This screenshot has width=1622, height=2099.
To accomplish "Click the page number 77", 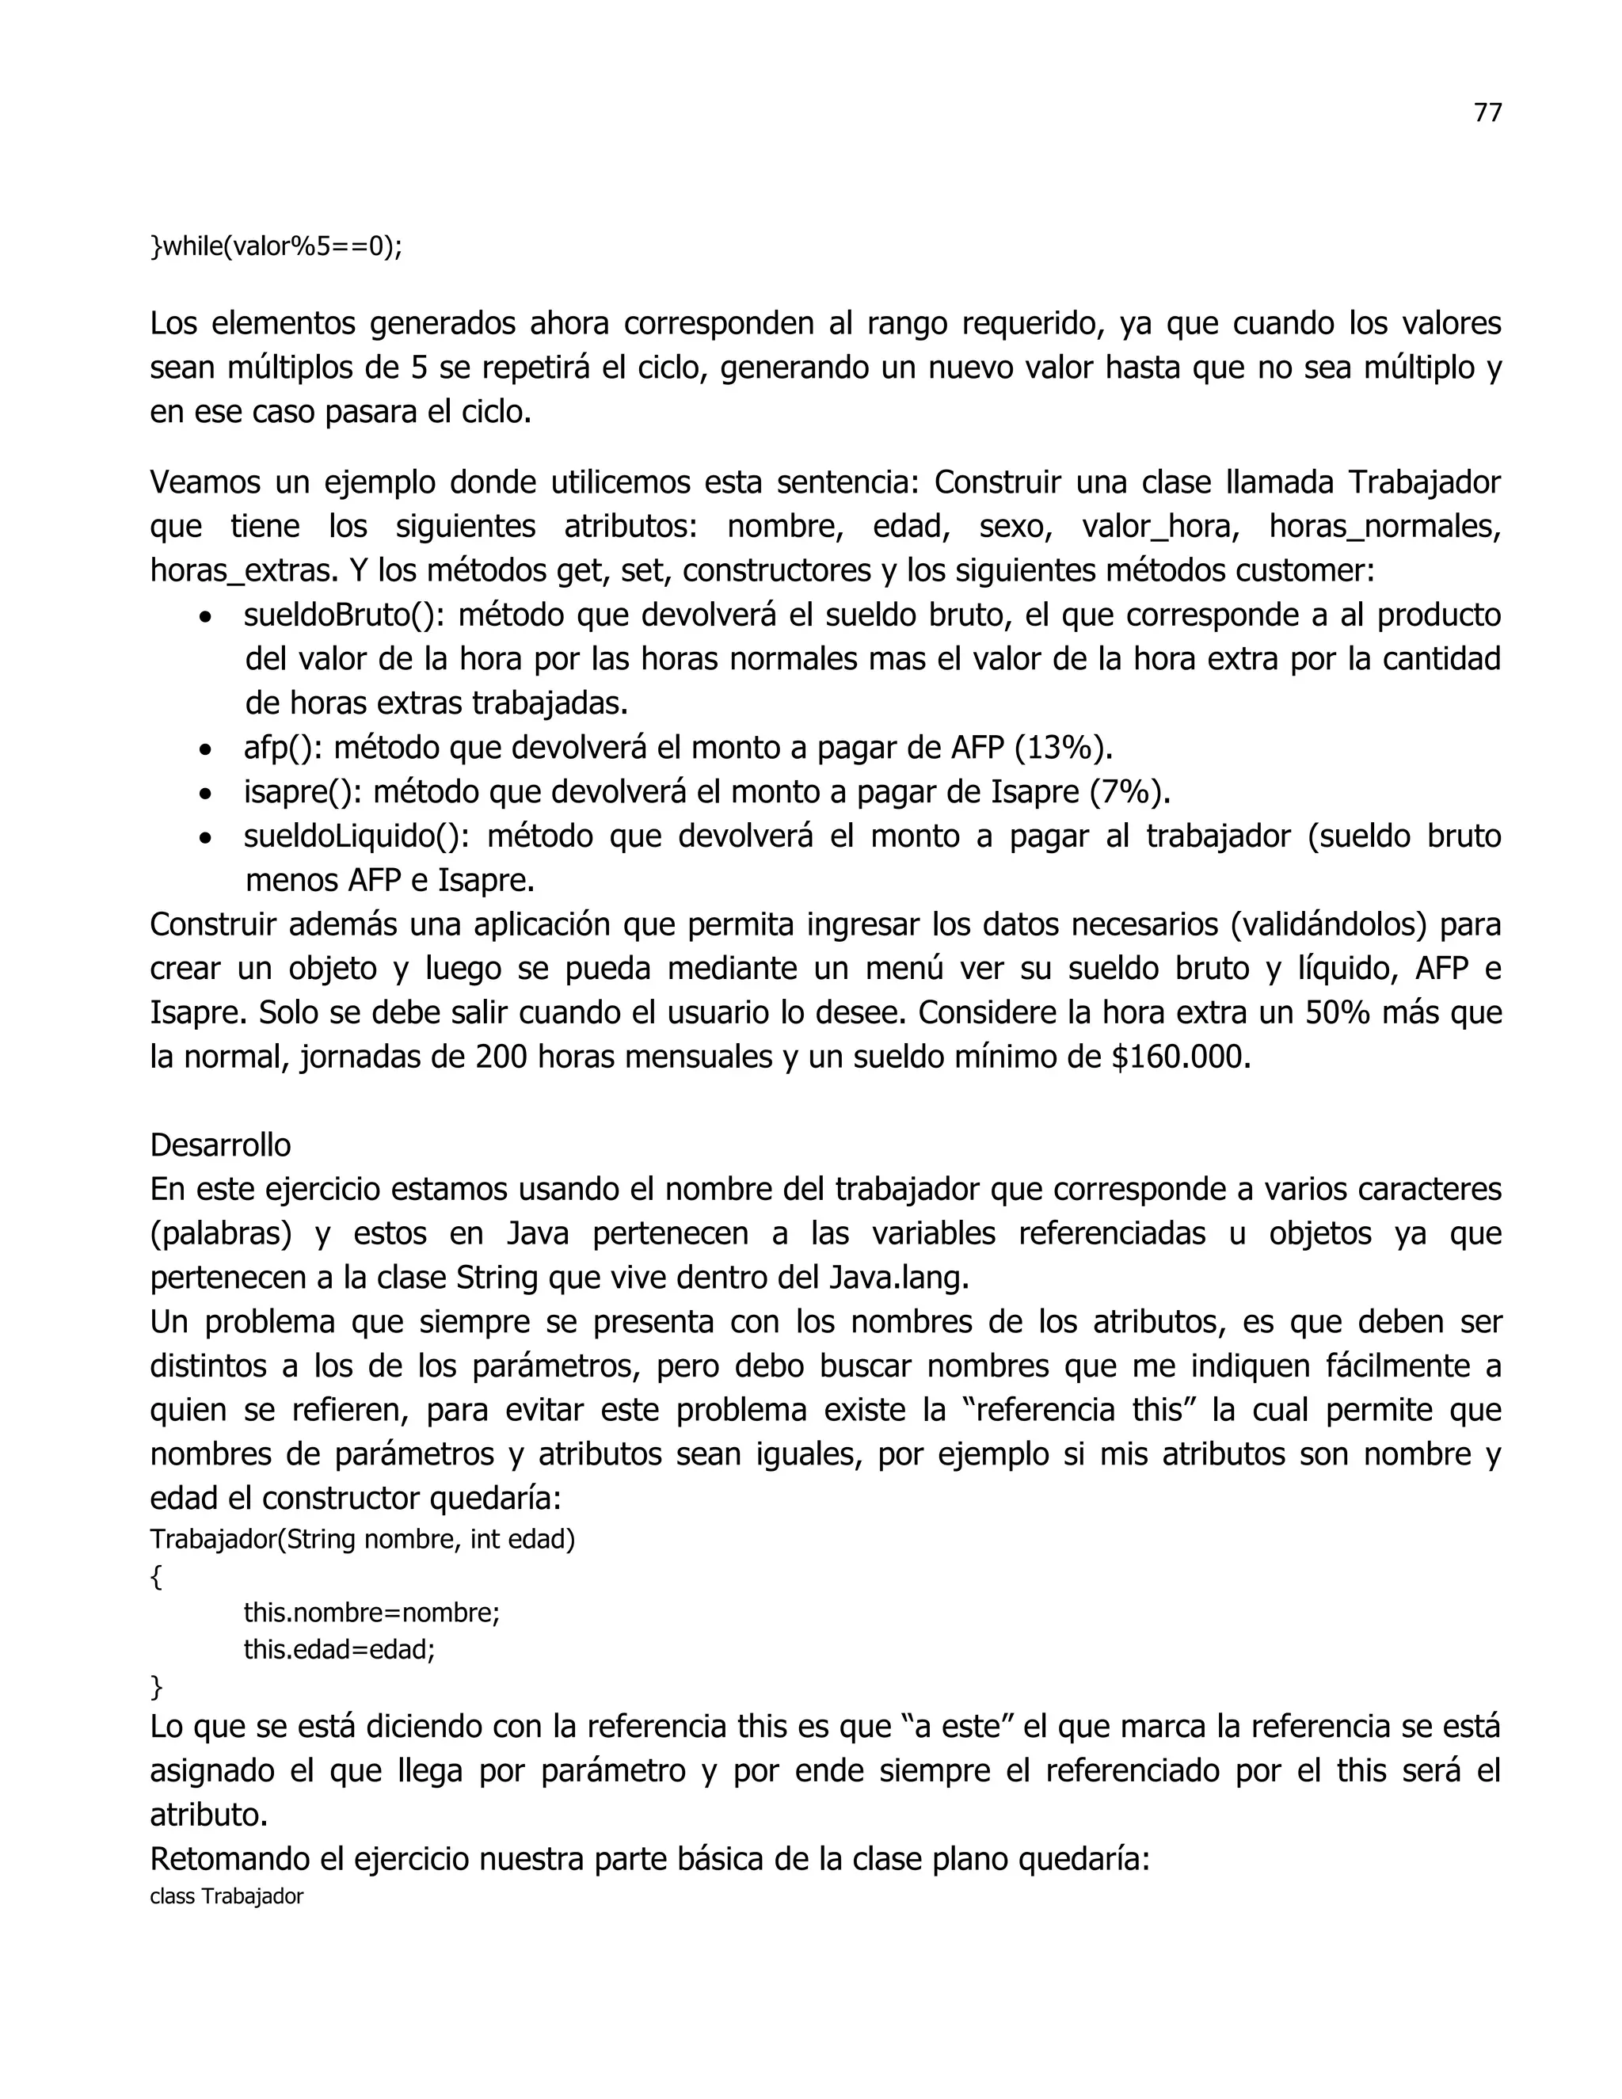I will coord(1487,113).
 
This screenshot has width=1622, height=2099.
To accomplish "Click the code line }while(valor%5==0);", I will coord(276,247).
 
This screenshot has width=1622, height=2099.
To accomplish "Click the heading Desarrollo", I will coord(220,1145).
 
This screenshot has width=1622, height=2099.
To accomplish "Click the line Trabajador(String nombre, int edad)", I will coord(362,1540).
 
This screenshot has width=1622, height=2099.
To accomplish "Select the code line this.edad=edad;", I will coord(339,1650).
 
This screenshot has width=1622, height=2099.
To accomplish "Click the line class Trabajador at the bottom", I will coord(227,1896).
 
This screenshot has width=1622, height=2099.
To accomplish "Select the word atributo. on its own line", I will coord(208,1815).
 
